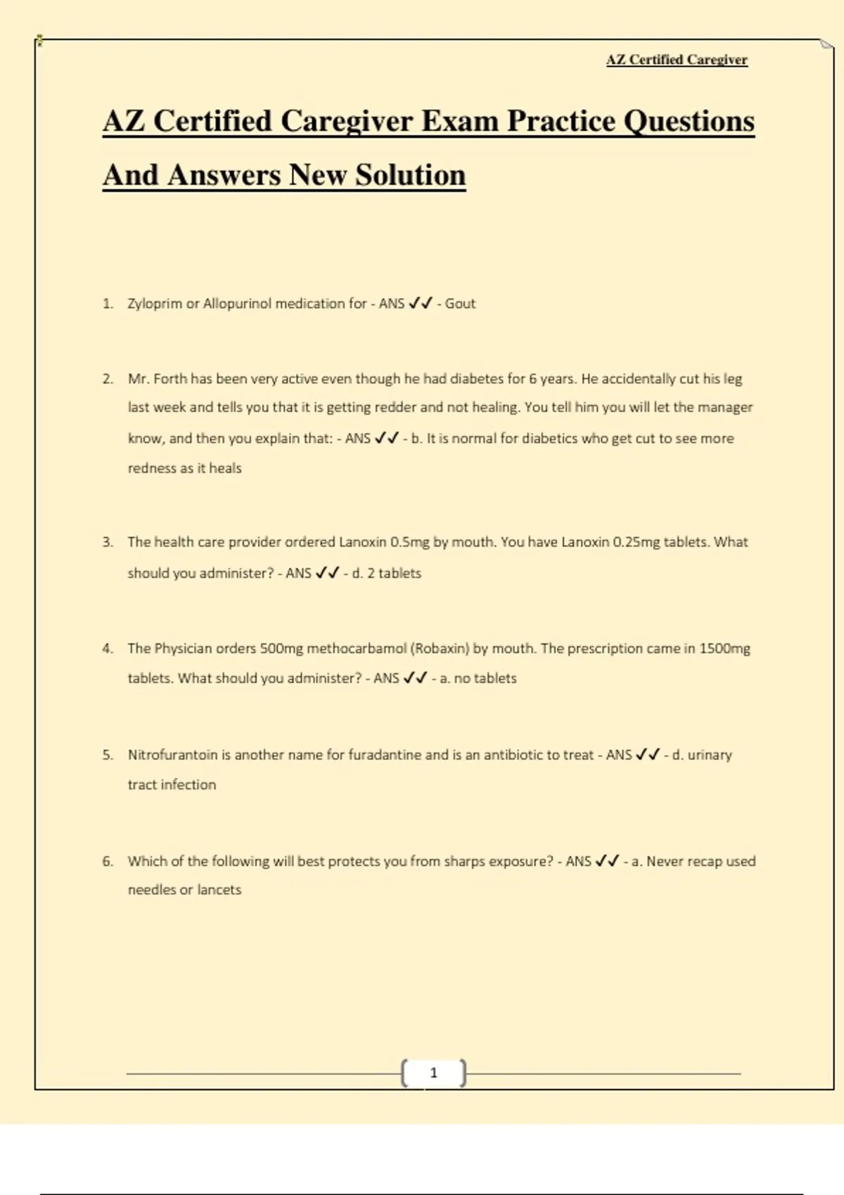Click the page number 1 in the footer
coord(433,1073)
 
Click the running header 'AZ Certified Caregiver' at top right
coord(677,60)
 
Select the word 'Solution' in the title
coord(410,175)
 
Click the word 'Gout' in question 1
coord(460,304)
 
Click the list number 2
coord(108,379)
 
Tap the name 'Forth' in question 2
coord(170,379)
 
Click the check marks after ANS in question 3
coord(328,573)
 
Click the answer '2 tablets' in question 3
coord(394,573)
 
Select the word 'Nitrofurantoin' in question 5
coord(172,755)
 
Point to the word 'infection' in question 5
coord(188,784)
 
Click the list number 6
coord(108,861)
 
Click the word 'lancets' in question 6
coord(219,890)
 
